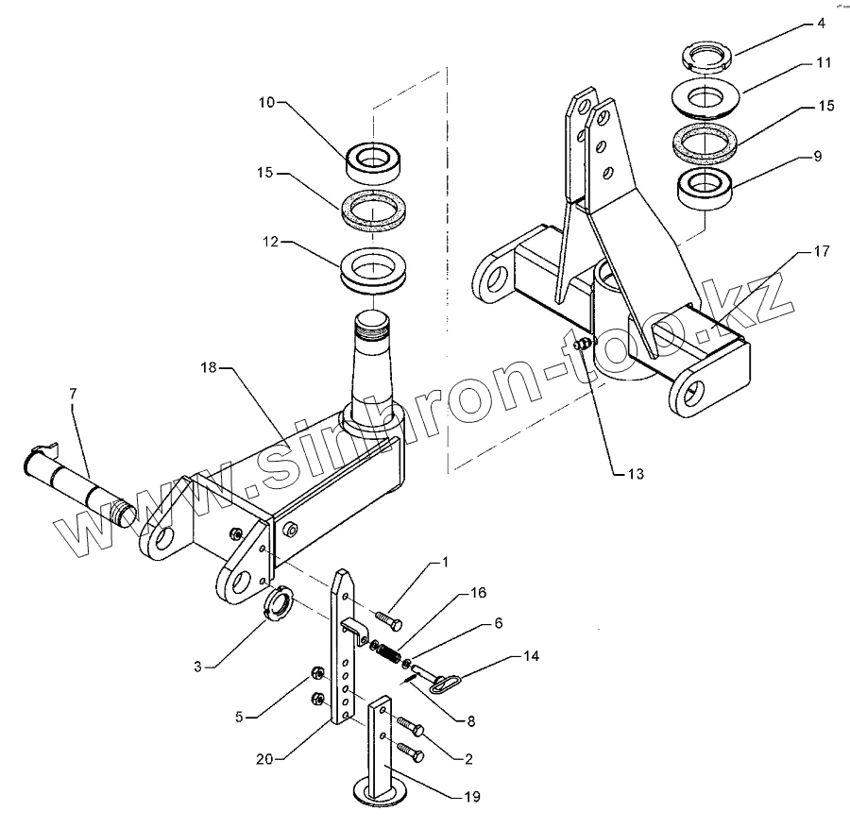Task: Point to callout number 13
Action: click(x=634, y=474)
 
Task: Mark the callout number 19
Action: click(x=469, y=797)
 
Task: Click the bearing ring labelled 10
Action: click(x=375, y=161)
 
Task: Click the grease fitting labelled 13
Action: click(x=584, y=346)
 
